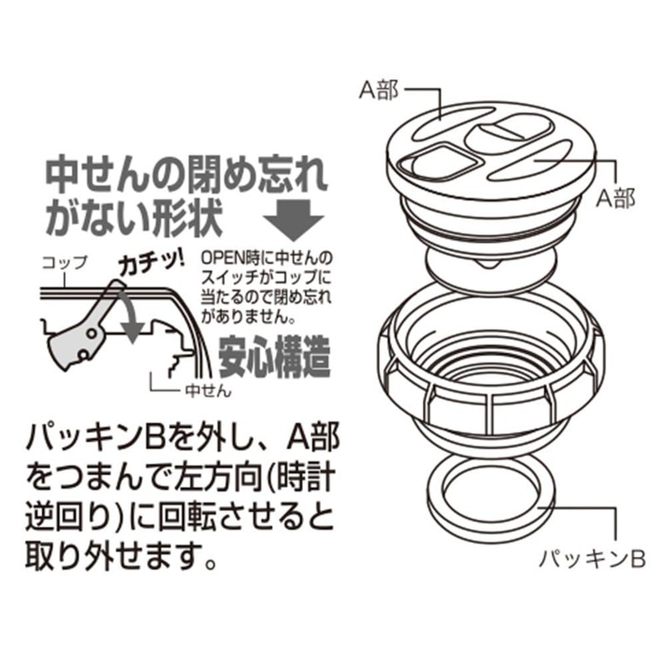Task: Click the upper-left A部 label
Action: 379,90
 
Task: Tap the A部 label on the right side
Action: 616,197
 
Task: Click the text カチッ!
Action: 152,262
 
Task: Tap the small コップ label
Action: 65,262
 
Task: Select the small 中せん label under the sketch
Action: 208,390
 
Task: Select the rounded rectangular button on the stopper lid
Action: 509,131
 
